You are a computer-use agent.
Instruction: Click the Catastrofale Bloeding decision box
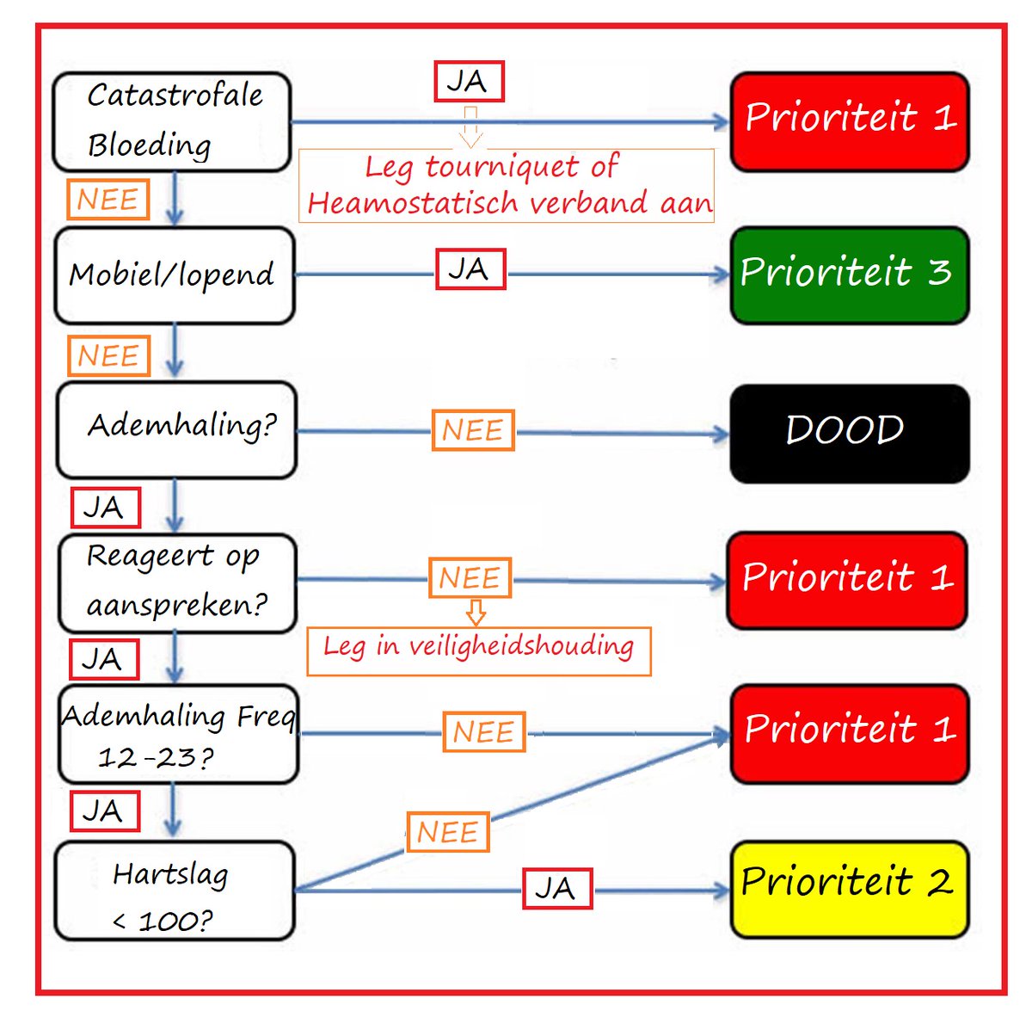pos(172,121)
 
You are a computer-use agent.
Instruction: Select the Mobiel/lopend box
pos(175,275)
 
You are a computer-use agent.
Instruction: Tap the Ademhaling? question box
pos(176,429)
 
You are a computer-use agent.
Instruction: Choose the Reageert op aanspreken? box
pos(177,582)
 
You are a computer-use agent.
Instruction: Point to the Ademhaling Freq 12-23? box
pos(178,734)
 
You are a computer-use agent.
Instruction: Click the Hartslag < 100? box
pos(175,891)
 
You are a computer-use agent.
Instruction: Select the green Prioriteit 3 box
pos(850,274)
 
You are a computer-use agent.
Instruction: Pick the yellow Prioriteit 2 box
pos(850,889)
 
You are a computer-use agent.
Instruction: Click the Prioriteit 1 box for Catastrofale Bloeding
pos(850,121)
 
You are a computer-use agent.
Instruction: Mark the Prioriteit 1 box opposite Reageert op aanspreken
pos(847,580)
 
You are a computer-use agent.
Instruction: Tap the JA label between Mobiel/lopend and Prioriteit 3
pos(470,269)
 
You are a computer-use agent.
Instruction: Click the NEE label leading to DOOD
pos(473,430)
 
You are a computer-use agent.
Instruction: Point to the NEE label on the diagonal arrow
pos(447,832)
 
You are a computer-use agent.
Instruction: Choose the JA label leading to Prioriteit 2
pos(557,888)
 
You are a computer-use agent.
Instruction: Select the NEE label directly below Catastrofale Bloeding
pos(107,200)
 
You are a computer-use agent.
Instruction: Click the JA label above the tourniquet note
pos(469,82)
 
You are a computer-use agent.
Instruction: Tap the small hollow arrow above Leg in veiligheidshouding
pos(476,612)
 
